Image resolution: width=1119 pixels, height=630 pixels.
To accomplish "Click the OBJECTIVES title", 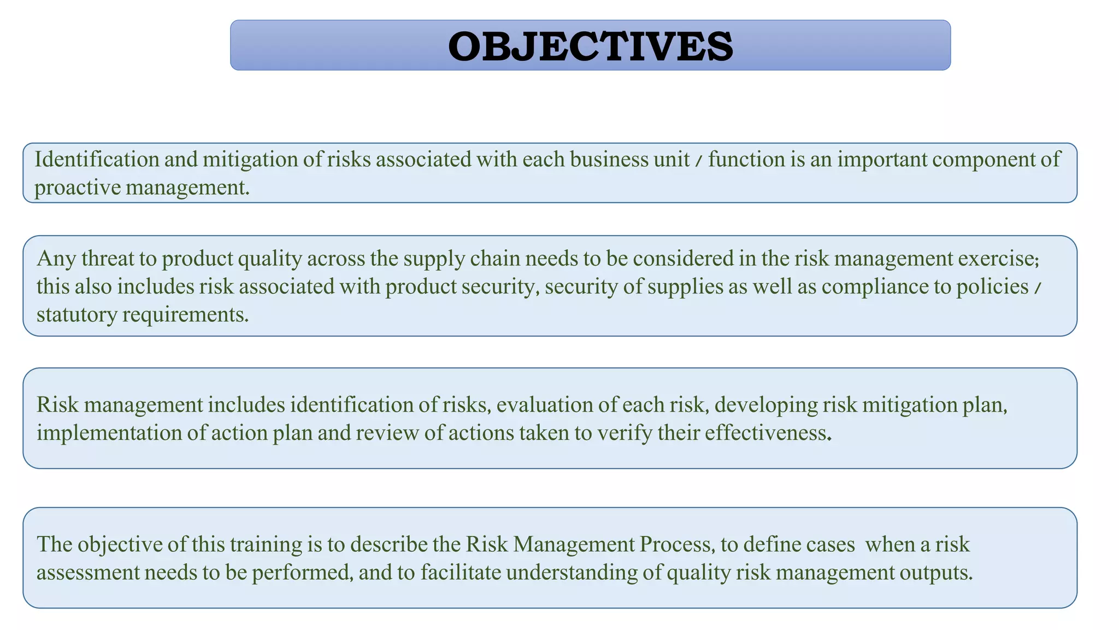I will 590,46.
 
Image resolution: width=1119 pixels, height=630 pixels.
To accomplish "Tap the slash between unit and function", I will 699,160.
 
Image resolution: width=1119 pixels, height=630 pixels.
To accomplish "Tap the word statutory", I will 76,314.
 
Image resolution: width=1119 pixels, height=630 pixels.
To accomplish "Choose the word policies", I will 992,287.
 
